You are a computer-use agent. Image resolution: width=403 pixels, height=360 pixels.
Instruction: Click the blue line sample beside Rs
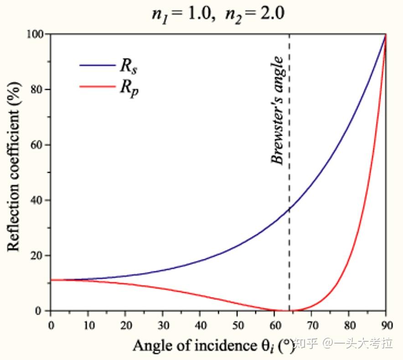98,65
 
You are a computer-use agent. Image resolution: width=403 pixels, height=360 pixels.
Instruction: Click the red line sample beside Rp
98,86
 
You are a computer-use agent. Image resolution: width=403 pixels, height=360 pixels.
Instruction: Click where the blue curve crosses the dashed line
289,208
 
